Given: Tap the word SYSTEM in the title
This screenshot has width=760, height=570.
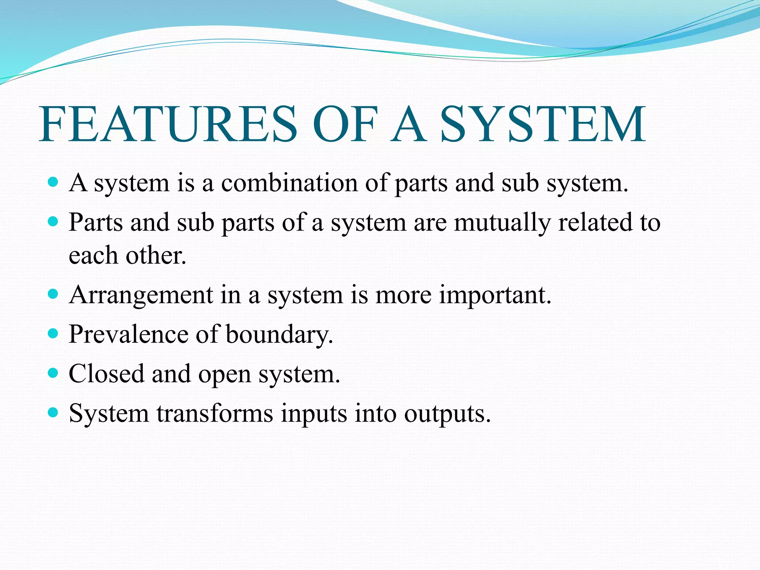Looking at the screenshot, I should (x=543, y=124).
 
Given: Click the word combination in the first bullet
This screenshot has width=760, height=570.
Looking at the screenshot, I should (x=289, y=183).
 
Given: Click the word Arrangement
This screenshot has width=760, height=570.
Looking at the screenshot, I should (x=141, y=295).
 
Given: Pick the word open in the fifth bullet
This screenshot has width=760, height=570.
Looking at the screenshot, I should (x=225, y=375).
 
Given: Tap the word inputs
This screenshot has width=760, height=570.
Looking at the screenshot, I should (x=314, y=414).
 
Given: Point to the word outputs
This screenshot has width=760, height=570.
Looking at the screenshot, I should (x=447, y=414).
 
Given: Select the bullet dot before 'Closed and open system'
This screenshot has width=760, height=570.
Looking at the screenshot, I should (x=53, y=373).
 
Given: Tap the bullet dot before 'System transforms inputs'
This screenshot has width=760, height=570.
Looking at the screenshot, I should (x=53, y=412).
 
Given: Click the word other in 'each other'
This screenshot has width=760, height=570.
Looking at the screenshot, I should (x=155, y=256).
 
